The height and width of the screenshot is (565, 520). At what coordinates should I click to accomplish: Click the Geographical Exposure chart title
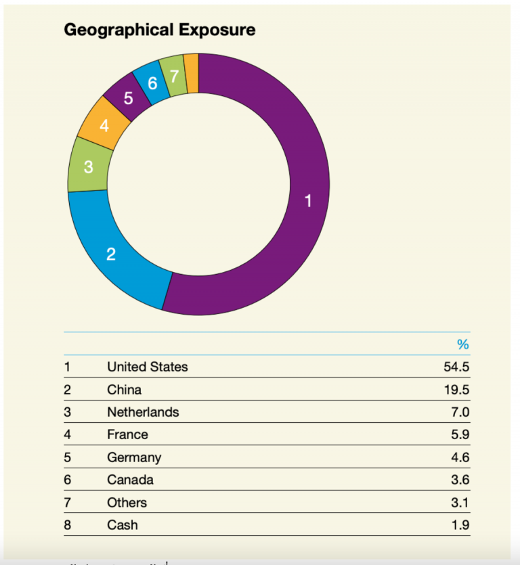[x=159, y=30]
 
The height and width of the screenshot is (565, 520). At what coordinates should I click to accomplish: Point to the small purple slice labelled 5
[x=128, y=99]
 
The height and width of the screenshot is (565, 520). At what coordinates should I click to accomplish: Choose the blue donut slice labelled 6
[x=152, y=83]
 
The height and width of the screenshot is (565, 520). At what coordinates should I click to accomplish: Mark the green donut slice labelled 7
[x=174, y=75]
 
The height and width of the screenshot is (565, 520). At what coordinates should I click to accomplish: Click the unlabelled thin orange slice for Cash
[x=191, y=72]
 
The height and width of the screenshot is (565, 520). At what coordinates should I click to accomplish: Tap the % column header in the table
[x=462, y=344]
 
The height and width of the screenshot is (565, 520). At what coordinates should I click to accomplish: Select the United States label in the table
[x=147, y=367]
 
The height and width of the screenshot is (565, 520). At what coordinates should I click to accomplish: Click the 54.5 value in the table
[x=456, y=367]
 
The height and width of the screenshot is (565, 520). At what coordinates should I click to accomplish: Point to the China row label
[x=124, y=390]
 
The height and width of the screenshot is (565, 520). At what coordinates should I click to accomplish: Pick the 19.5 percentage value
[x=456, y=390]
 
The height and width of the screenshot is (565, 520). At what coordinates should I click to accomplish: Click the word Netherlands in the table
[x=143, y=412]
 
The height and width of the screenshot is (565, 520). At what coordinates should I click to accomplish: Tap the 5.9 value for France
[x=459, y=434]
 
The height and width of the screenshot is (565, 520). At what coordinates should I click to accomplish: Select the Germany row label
[x=133, y=457]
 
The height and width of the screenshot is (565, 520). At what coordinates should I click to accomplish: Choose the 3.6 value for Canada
[x=459, y=480]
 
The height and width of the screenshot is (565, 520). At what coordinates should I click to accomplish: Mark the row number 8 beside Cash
[x=67, y=525]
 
